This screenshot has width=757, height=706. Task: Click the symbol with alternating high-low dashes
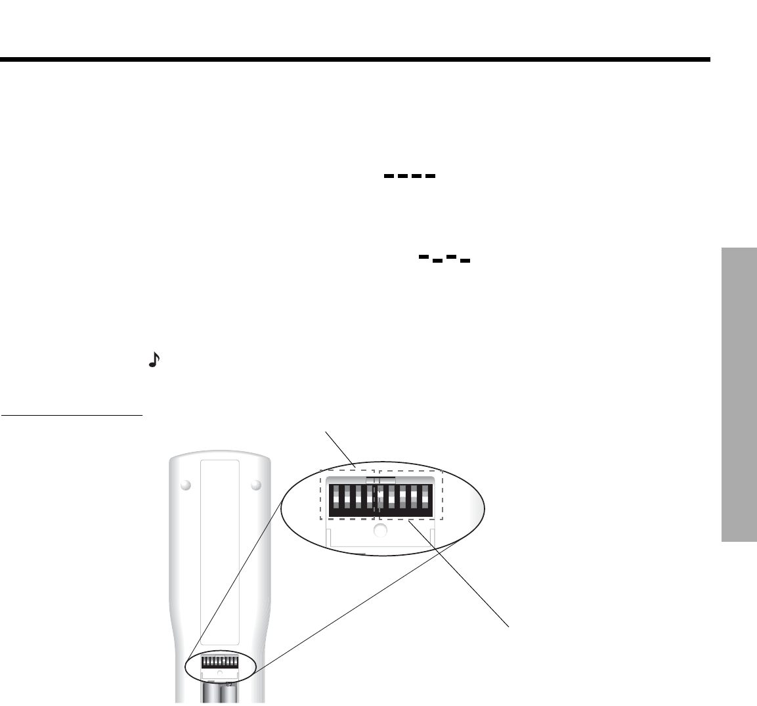coord(444,259)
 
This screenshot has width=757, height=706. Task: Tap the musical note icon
coord(154,359)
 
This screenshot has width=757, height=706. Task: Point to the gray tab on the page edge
coord(739,393)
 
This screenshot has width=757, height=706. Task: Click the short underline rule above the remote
coord(72,415)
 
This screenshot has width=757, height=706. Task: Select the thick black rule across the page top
coord(355,60)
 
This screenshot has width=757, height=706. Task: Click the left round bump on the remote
coord(185,485)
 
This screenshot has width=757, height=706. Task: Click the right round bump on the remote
coord(256,485)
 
